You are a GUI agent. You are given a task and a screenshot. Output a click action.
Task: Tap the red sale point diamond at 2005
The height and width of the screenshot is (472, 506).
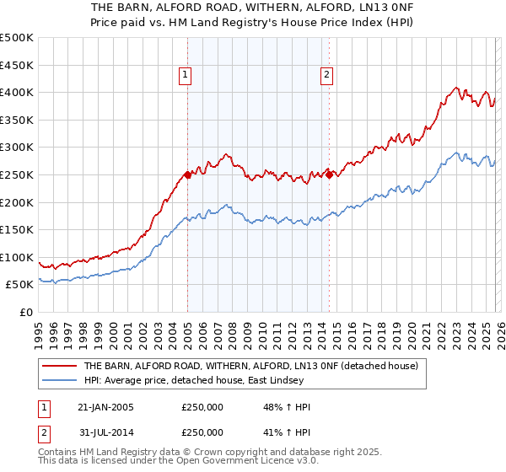[x=187, y=174]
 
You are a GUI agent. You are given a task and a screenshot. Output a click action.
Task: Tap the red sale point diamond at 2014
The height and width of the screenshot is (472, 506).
[x=329, y=174]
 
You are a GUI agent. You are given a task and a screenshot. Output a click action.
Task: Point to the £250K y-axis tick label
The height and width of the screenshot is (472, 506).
[x=17, y=174]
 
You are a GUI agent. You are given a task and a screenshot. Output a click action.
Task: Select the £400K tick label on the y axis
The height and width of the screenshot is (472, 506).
[x=17, y=92]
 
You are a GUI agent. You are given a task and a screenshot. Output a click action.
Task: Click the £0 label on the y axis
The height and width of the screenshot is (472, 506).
[x=25, y=312]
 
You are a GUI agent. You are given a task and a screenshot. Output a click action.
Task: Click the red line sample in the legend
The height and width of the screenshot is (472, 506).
[x=59, y=366]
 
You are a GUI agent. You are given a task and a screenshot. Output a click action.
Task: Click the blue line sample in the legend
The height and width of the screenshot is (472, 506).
[x=59, y=381]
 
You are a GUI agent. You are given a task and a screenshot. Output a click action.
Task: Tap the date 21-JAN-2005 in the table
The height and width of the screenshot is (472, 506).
[x=105, y=407]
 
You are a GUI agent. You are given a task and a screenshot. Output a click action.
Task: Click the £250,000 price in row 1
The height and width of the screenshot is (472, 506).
[x=202, y=407]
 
